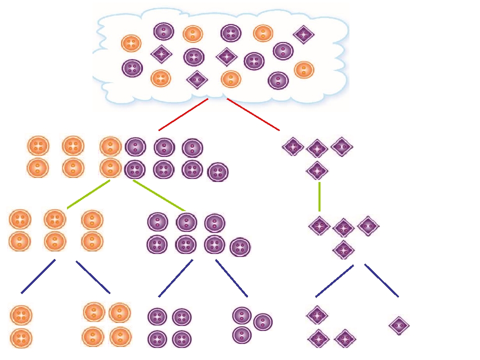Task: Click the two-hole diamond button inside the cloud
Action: coord(196,79)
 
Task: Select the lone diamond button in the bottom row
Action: coord(399,326)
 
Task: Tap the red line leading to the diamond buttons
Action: coord(253,114)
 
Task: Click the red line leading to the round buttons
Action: coord(183,114)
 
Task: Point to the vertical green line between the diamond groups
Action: coord(319,196)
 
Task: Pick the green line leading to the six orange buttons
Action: coord(88,194)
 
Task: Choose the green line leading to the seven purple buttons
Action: coord(159,195)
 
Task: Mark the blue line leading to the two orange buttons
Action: coord(38,276)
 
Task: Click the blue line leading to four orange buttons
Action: coord(93,277)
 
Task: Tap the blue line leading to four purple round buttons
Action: coord(175,278)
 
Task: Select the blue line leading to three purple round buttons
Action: coord(231,278)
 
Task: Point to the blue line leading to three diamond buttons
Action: coord(334,280)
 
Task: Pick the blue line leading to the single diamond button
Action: coord(381,280)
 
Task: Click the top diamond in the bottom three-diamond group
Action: coord(316,315)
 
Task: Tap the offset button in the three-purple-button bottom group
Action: coord(263,322)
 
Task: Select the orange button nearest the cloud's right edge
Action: coord(304,69)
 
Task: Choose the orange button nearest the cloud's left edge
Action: coord(131,43)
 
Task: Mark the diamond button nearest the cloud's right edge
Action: coord(303,34)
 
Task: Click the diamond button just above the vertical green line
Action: coord(317,170)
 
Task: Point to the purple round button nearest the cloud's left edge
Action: coord(132,68)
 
